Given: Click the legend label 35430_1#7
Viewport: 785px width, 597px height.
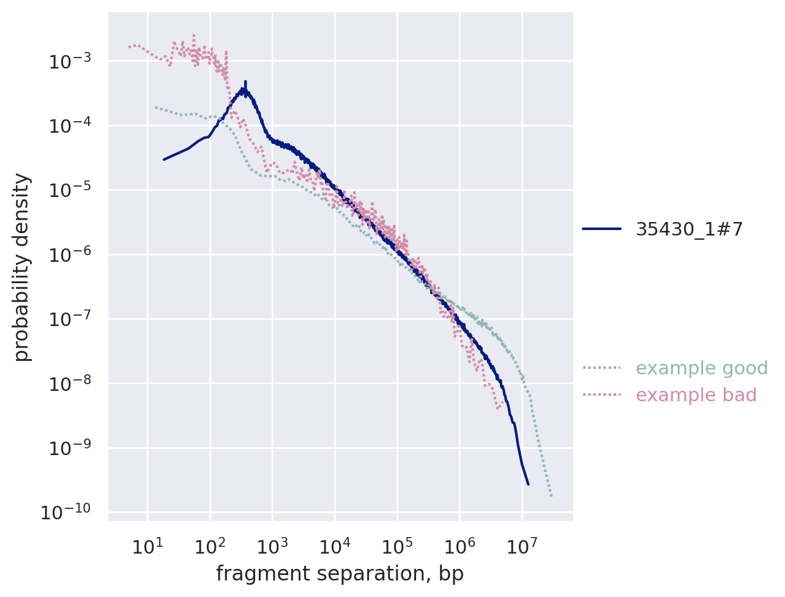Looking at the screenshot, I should tap(690, 229).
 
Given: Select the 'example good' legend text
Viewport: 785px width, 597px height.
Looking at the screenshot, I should tap(702, 368).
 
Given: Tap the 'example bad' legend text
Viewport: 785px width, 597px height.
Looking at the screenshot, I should tap(696, 395).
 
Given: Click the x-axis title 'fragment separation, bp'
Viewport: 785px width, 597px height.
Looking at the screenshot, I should tap(340, 574).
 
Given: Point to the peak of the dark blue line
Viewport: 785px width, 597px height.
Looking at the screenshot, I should tap(245, 82).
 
